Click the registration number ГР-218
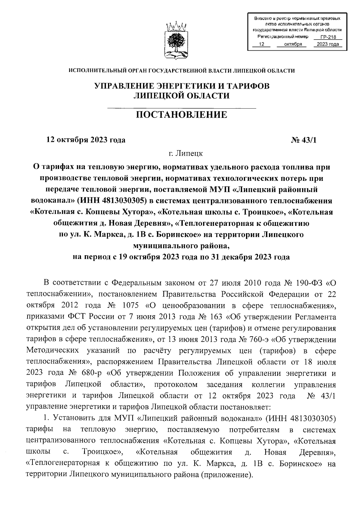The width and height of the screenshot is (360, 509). pos(328,37)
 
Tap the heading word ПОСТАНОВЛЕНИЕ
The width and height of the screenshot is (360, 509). pos(182,115)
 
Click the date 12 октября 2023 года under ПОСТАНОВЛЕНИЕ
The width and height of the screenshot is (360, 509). pos(85,140)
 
